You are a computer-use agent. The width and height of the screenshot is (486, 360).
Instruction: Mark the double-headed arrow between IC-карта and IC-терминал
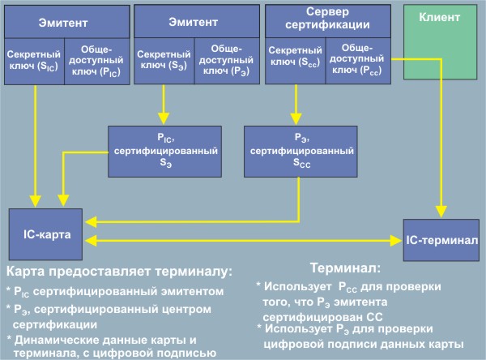point(243,239)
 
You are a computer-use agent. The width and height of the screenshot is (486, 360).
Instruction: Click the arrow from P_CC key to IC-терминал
point(442,146)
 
